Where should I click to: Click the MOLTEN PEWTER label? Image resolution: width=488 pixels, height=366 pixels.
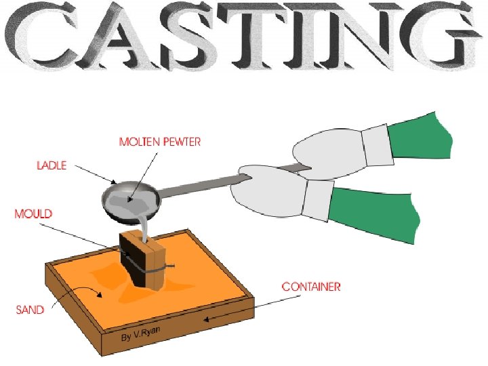pos(160,142)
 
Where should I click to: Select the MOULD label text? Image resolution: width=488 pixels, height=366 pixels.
pos(33,213)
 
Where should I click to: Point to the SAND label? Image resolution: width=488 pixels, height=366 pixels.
pos(30,310)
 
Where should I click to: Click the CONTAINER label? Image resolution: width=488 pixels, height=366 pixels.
pos(311,287)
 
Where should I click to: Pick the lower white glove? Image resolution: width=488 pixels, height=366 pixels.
pos(271,197)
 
